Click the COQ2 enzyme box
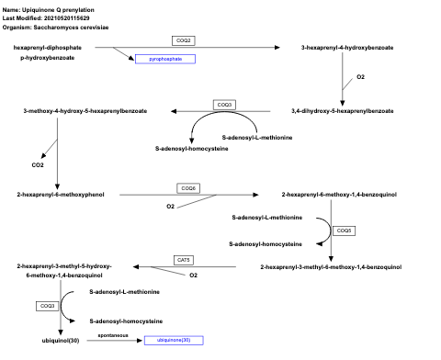pyautogui.click(x=185, y=40)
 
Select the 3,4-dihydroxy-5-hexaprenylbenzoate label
pyautogui.click(x=342, y=110)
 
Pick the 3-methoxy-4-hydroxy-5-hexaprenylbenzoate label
pyautogui.click(x=71, y=110)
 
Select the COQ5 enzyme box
pyautogui.click(x=345, y=231)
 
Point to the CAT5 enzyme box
pyautogui.click(x=184, y=260)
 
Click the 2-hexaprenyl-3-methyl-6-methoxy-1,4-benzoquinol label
pyautogui.click(x=331, y=266)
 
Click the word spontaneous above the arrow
pyautogui.click(x=113, y=335)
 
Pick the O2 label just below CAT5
pyautogui.click(x=193, y=275)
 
